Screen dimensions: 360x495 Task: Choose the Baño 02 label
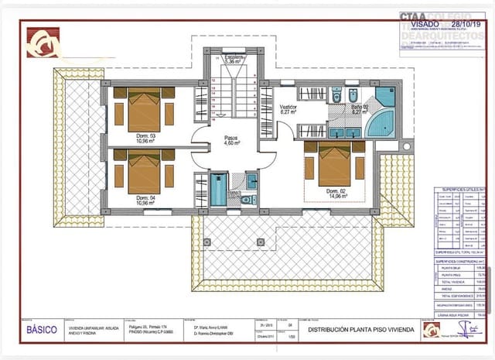point(360,109)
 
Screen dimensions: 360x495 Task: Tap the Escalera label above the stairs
point(234,59)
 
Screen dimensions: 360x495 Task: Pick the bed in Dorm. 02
point(334,164)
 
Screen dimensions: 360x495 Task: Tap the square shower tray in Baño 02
point(384,98)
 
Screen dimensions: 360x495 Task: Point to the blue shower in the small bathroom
point(219,190)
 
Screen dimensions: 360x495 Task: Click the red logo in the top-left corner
point(42,43)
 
